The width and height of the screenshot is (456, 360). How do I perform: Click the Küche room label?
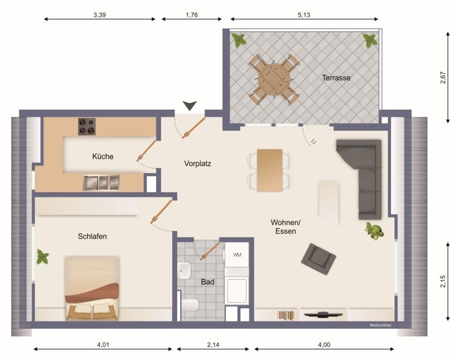coord(103,156)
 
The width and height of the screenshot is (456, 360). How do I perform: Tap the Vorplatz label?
coord(197,164)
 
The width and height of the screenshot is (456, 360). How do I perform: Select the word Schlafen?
coord(92,236)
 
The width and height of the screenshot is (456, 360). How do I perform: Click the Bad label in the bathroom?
coord(208,282)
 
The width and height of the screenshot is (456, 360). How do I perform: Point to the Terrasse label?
coord(336,78)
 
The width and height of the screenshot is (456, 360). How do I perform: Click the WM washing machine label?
coord(237,255)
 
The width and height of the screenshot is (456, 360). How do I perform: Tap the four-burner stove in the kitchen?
coord(87,127)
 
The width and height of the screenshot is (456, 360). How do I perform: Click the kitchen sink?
coord(101,183)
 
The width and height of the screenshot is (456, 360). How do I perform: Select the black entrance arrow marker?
coord(190,106)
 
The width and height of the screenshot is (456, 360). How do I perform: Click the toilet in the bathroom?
coord(191,305)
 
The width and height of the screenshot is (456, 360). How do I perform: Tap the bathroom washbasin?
coord(184,270)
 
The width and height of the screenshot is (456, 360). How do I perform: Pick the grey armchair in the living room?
coord(319,259)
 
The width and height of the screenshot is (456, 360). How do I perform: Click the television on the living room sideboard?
coord(323,314)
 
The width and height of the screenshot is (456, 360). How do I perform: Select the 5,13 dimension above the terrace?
coord(304,15)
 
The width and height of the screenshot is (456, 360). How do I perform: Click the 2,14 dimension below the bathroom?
coord(213,345)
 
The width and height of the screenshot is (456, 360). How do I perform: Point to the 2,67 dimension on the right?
coord(443,78)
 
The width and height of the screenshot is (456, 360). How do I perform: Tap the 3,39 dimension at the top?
coord(99,15)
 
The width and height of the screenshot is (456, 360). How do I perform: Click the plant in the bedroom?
coord(43,257)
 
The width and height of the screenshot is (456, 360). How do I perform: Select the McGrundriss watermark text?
coord(380,325)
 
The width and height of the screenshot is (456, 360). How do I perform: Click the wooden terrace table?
coord(273,79)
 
